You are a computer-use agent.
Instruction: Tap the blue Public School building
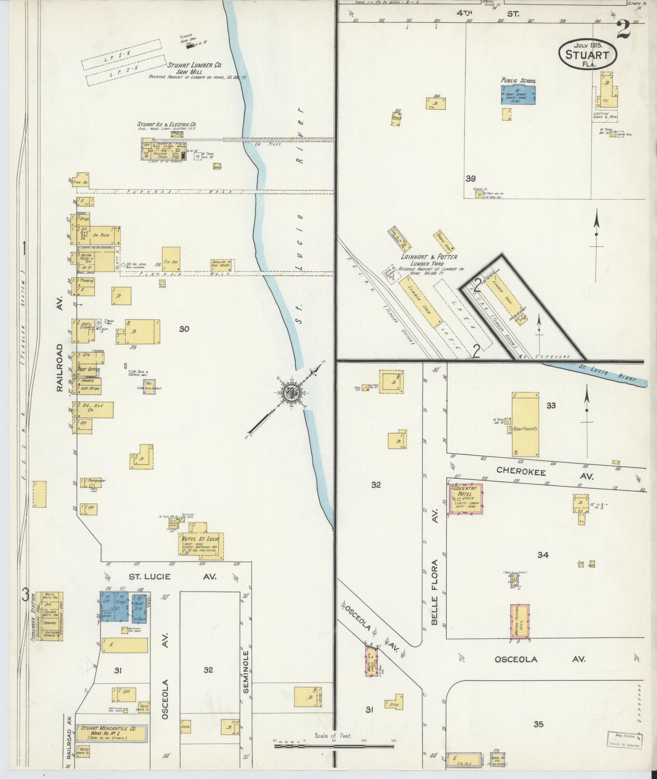pos(518,95)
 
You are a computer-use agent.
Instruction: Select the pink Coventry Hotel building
pos(465,499)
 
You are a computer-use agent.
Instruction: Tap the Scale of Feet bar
pos(334,746)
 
